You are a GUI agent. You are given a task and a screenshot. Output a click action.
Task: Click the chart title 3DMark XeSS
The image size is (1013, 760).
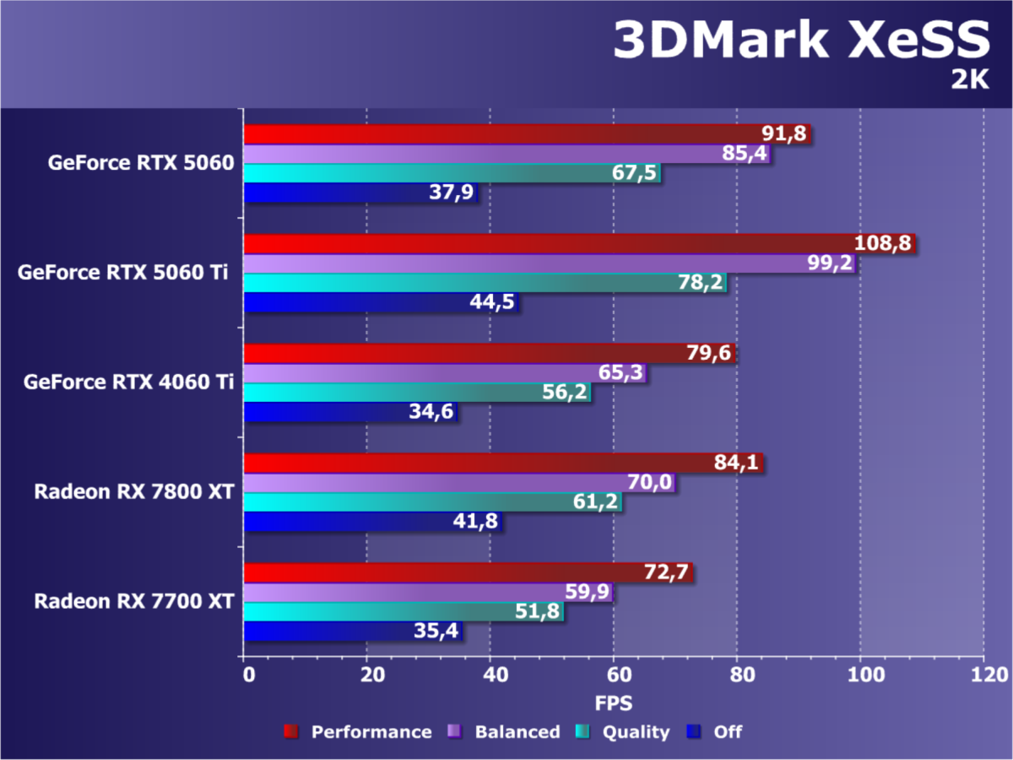(799, 40)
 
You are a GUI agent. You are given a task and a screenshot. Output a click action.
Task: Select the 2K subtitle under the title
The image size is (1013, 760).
(969, 81)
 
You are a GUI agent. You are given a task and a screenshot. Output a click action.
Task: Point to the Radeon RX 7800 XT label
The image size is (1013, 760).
(133, 491)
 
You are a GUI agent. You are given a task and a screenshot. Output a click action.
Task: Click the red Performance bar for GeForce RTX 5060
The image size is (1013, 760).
(506, 134)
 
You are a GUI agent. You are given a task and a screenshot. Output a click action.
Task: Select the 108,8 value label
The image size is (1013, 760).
(883, 243)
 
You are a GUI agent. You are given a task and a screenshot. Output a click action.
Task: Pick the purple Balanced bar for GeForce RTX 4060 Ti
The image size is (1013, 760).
(422, 373)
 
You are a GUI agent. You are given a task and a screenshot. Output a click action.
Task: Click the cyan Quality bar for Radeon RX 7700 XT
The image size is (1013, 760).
(380, 612)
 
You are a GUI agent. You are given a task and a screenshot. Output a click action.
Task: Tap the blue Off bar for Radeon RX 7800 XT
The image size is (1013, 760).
(355, 522)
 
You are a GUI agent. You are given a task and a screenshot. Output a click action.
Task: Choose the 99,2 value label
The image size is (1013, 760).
(827, 264)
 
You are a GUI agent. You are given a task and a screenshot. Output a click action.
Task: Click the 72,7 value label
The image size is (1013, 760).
(665, 573)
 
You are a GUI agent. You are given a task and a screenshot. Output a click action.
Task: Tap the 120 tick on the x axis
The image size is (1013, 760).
(984, 676)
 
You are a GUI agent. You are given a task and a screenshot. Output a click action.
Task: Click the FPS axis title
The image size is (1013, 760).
(614, 702)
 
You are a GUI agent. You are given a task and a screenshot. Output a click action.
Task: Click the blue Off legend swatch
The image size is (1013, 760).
(695, 731)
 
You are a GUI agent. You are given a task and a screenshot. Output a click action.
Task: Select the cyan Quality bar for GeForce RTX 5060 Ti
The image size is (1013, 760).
(464, 283)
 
